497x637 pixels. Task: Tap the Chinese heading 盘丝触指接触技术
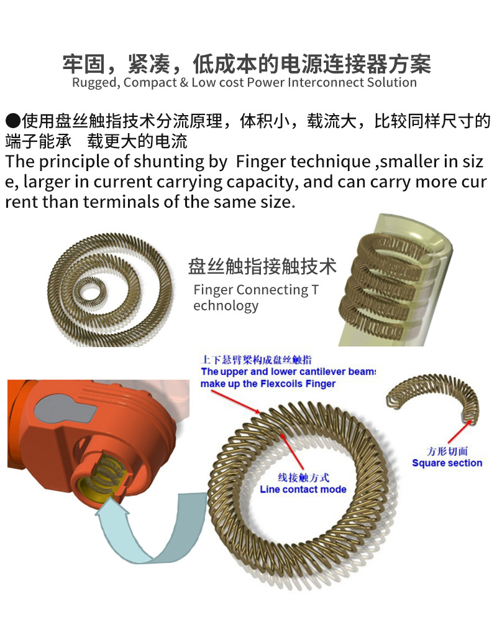[x=262, y=266]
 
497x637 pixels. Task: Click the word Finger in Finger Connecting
[x=214, y=291]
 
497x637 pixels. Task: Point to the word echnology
[x=226, y=305]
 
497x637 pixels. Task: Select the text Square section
[x=447, y=463]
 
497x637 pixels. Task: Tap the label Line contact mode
[x=303, y=490]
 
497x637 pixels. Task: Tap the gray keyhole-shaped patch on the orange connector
[x=65, y=411]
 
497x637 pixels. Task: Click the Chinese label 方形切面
[x=447, y=452]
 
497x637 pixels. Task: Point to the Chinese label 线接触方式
[x=303, y=478]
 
